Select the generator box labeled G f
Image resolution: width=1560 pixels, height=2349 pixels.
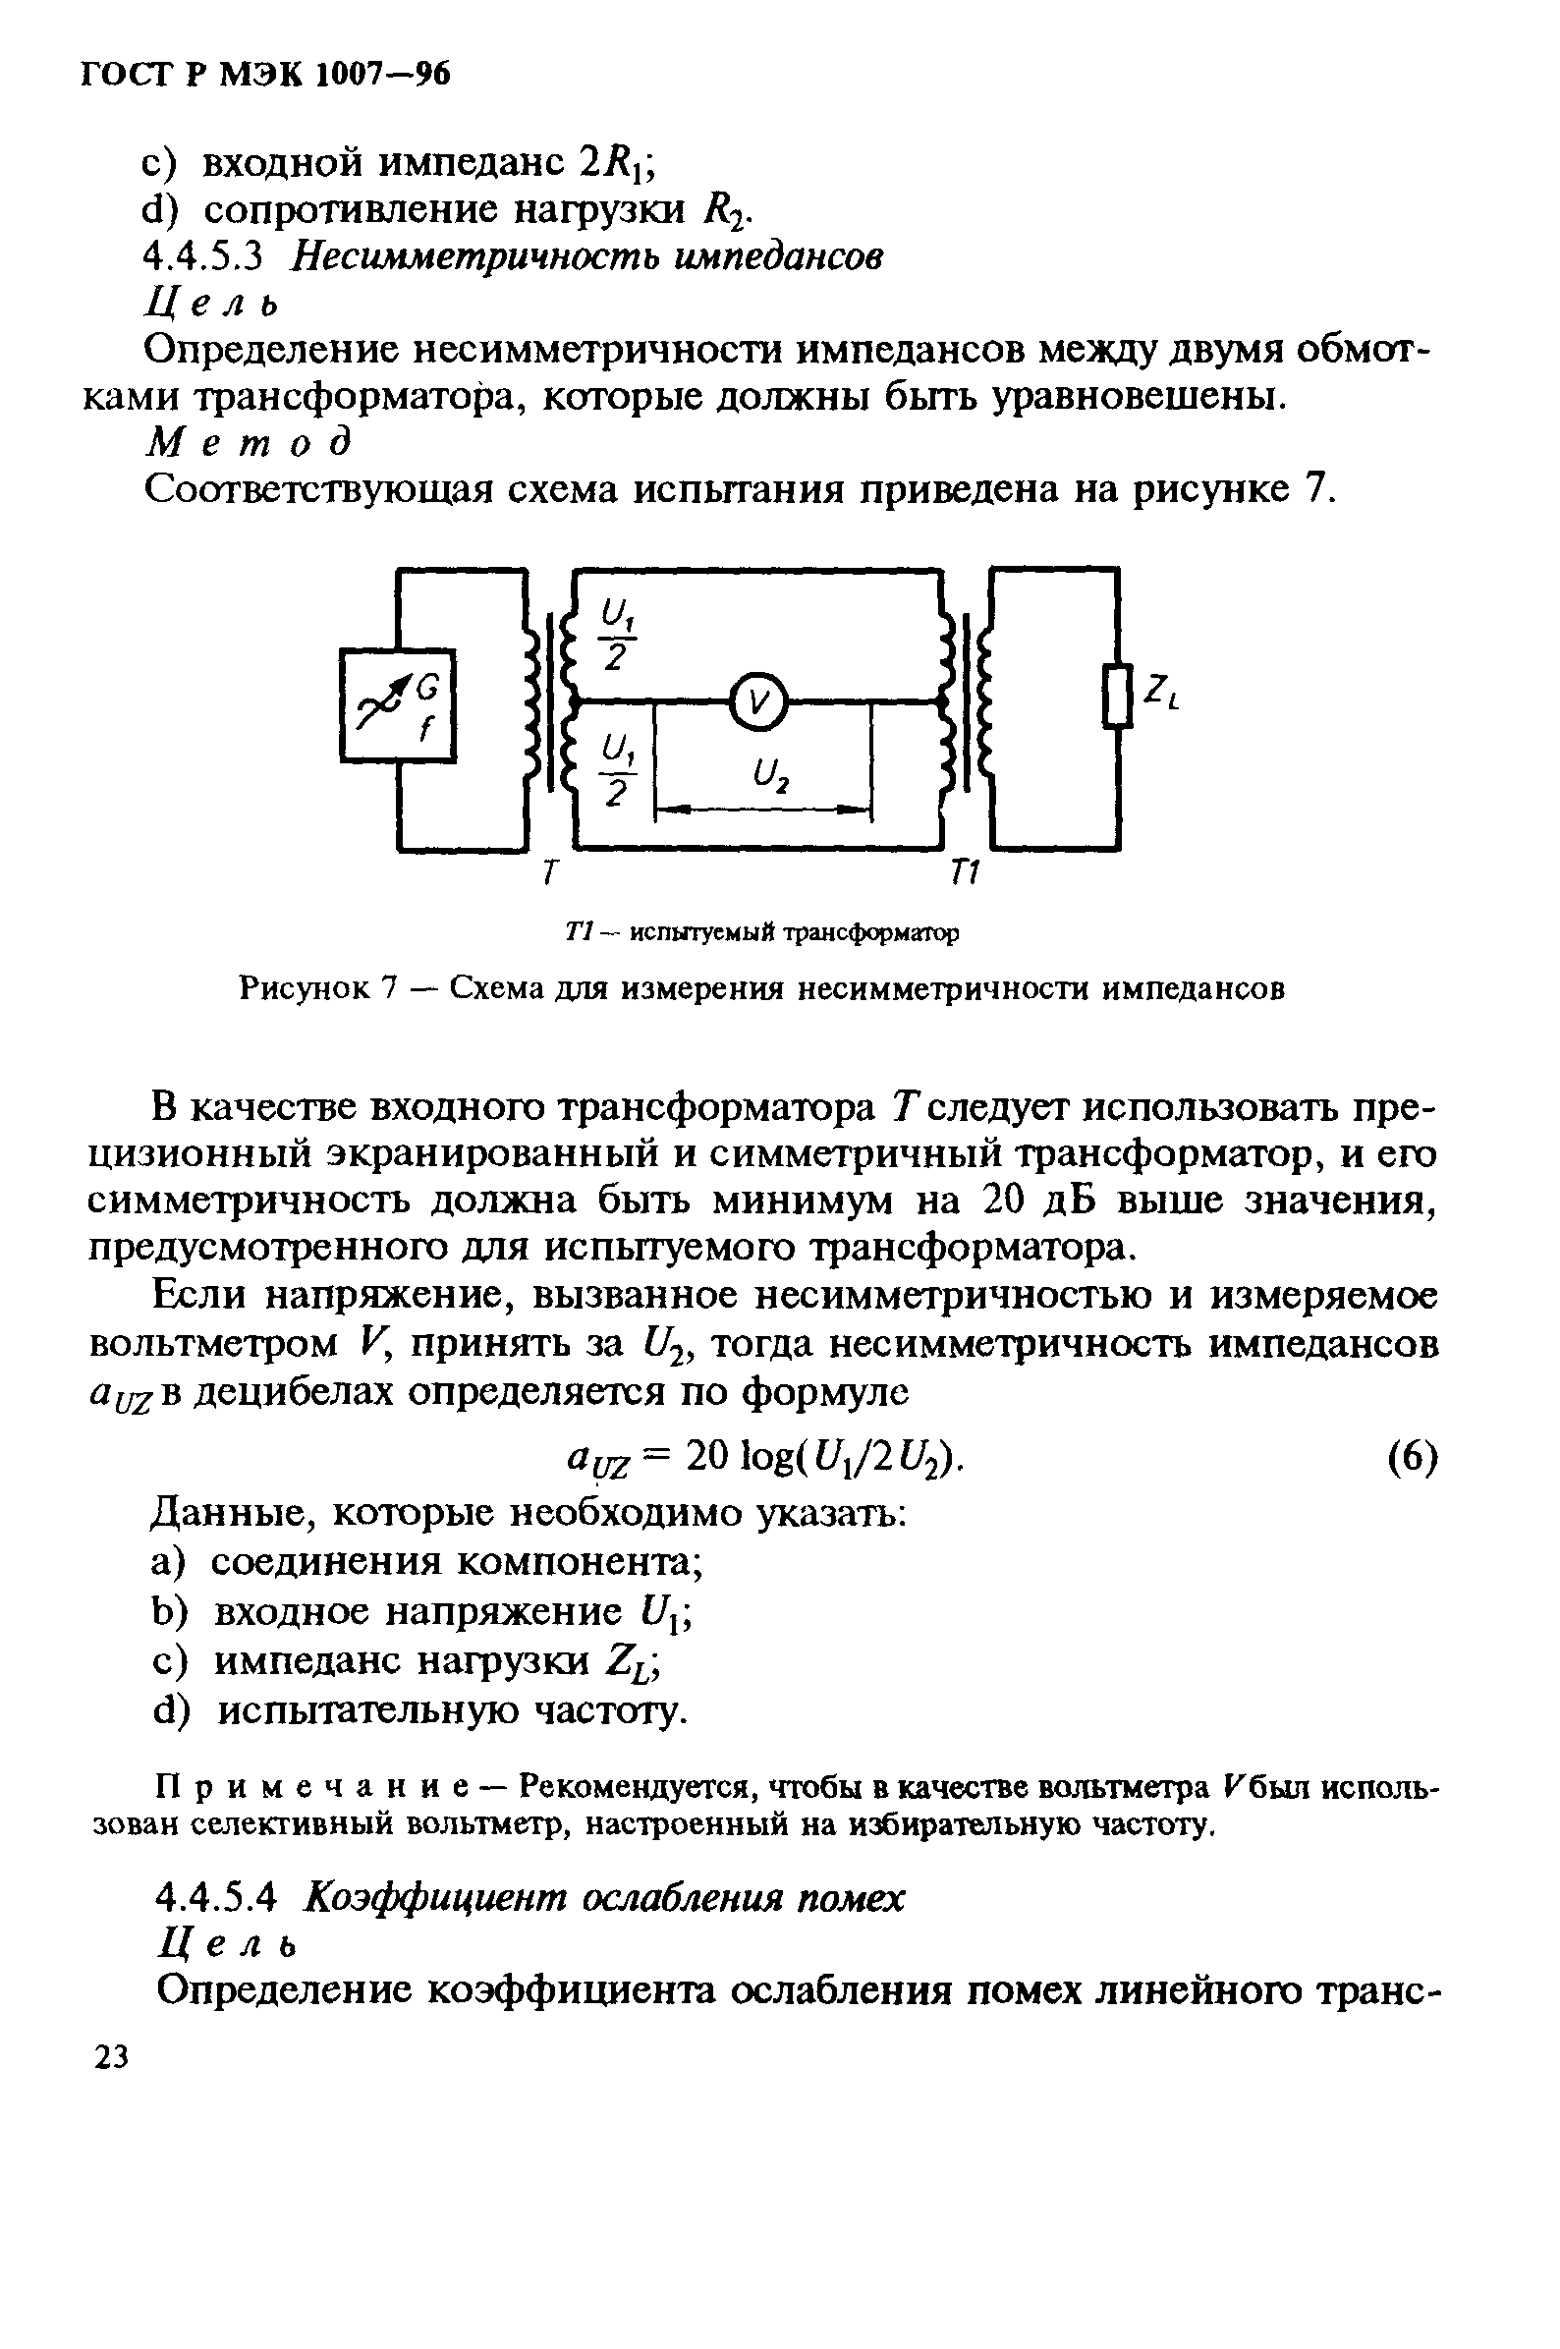[x=398, y=705]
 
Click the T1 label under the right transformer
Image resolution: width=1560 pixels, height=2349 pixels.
[x=965, y=872]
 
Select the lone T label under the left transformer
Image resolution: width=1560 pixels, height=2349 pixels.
[x=547, y=872]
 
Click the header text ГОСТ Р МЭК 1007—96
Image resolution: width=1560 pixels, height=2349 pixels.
[x=265, y=75]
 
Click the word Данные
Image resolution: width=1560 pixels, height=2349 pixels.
[x=231, y=1513]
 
